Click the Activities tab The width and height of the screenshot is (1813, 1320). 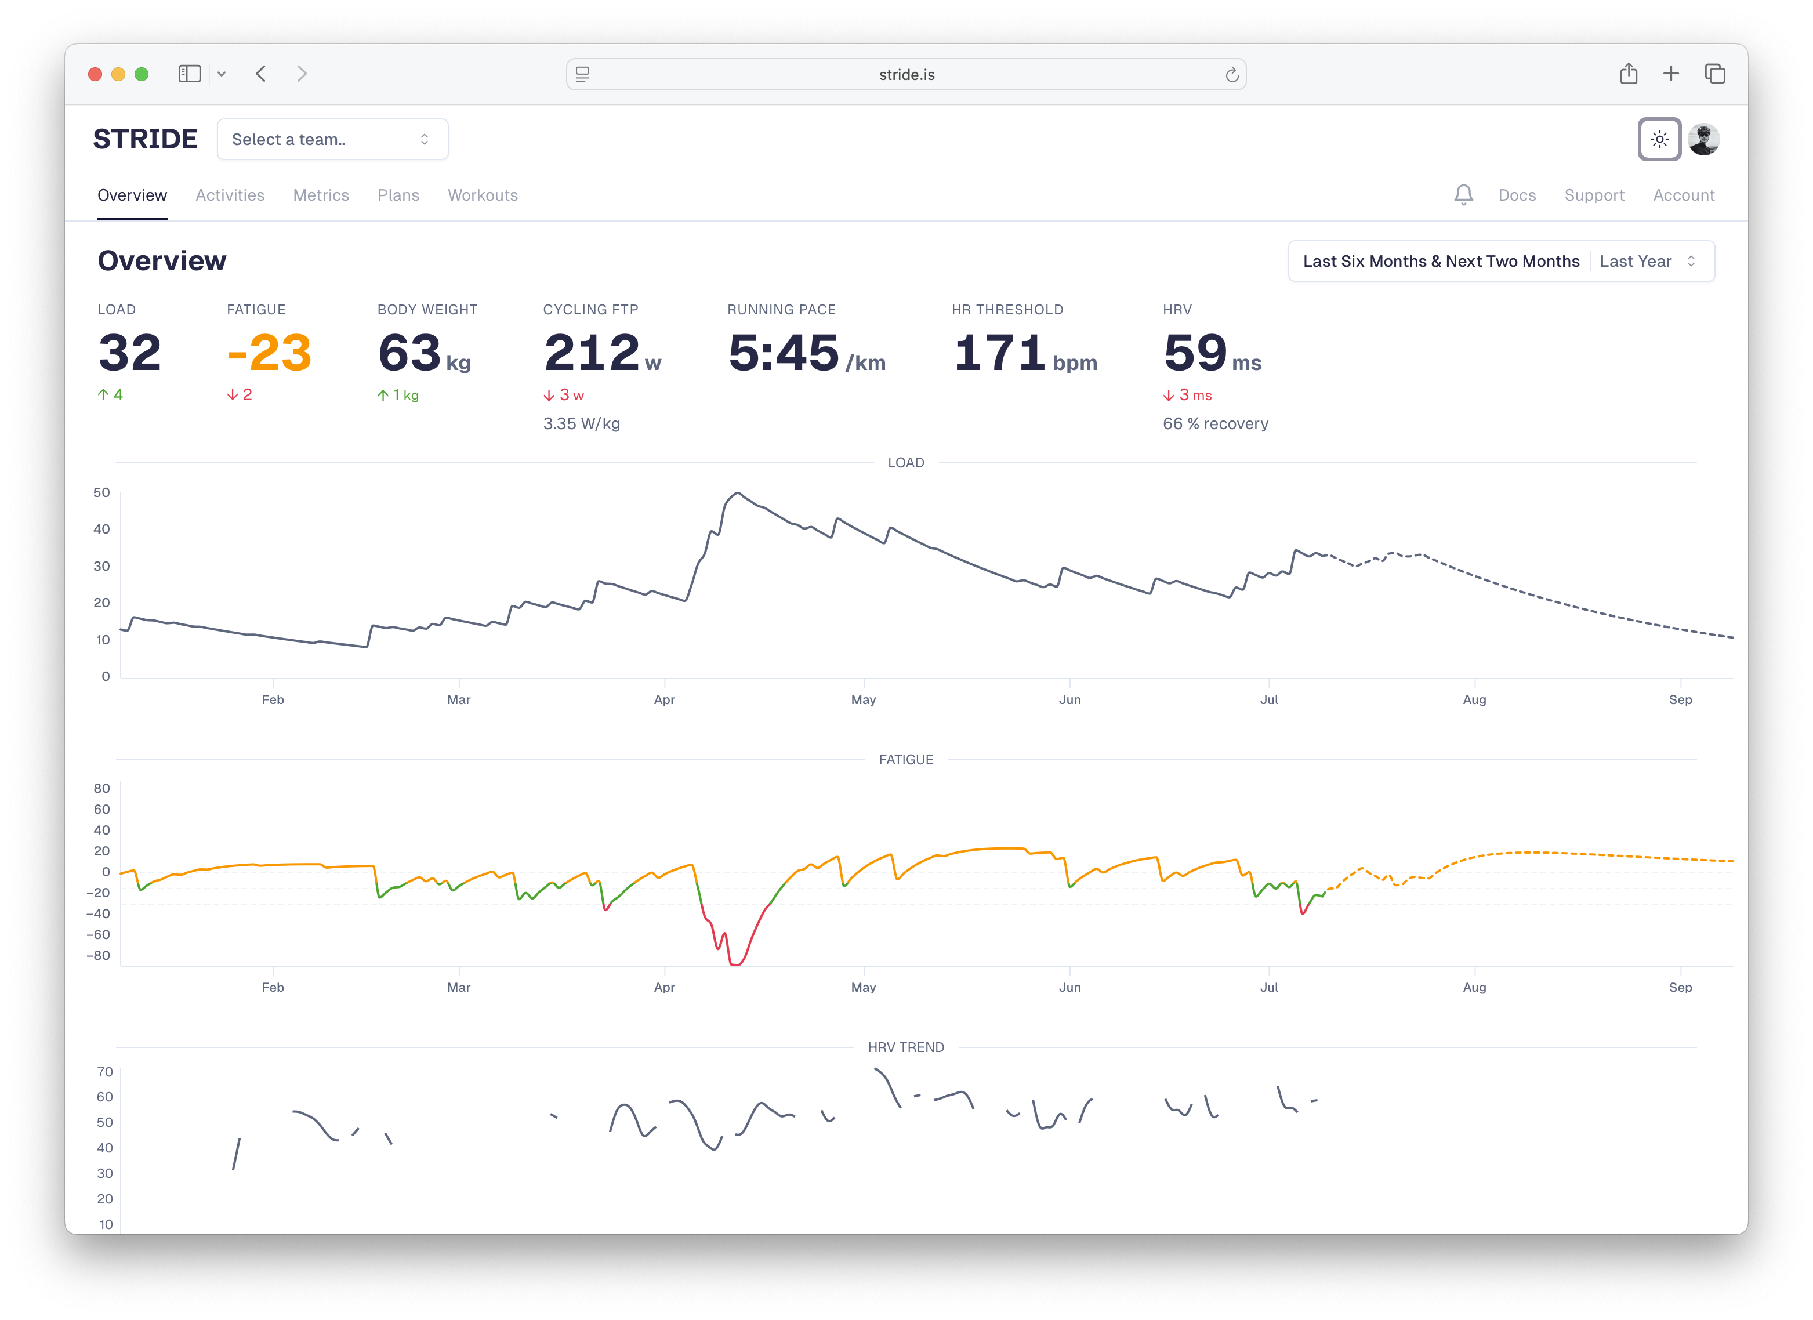pos(230,195)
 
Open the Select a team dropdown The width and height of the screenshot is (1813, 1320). pos(332,139)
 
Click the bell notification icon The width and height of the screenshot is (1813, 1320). pos(1463,194)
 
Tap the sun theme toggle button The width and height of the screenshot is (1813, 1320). pos(1659,139)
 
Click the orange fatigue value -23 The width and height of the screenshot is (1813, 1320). pos(269,353)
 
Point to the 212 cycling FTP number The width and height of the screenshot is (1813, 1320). pos(592,353)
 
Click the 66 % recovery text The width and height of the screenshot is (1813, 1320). pos(1215,424)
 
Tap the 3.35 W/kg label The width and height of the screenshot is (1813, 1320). pos(581,424)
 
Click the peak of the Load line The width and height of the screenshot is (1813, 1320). pos(737,494)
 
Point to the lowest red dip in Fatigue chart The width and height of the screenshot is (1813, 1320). pos(735,963)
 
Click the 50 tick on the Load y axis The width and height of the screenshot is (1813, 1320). pos(101,492)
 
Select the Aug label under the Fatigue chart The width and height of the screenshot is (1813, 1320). pos(1474,988)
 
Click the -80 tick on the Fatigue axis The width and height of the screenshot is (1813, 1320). pos(99,955)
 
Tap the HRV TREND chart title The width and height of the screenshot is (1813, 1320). pos(906,1047)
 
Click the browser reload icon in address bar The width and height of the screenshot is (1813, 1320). pos(1231,74)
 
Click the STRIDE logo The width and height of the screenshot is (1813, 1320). pos(144,139)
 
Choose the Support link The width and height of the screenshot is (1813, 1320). pos(1594,195)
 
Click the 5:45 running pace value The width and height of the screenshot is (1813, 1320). pos(784,353)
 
